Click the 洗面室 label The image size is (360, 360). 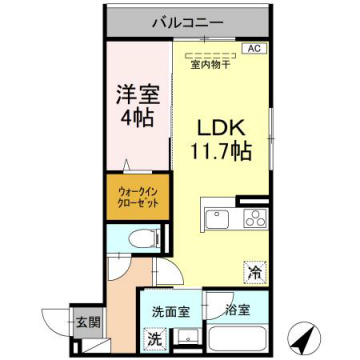coord(171,310)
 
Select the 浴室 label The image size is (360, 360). coord(237,310)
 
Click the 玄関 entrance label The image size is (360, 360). coord(87,322)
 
